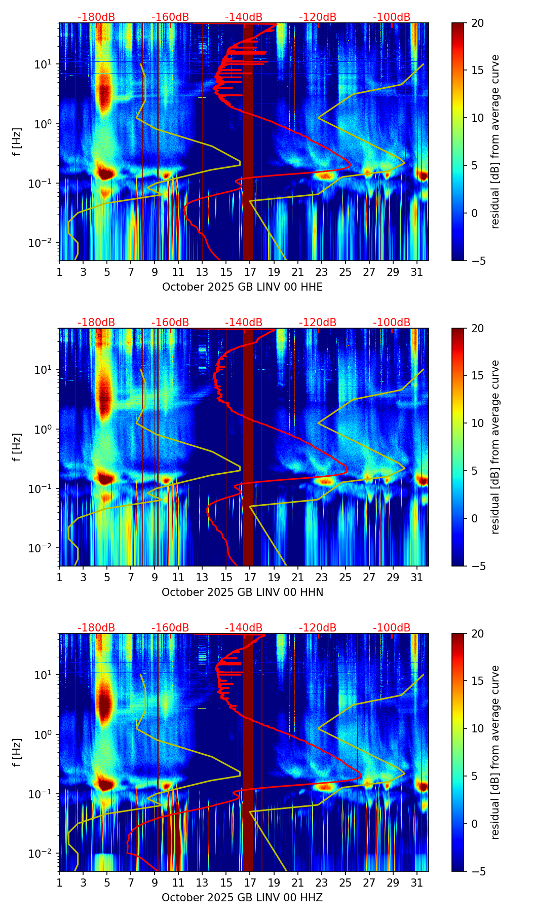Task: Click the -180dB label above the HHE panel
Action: click(x=96, y=17)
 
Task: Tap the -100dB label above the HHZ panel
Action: click(x=392, y=628)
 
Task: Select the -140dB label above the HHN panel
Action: click(x=244, y=323)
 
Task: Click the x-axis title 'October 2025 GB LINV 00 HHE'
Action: click(x=242, y=287)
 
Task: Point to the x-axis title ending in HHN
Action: click(x=242, y=592)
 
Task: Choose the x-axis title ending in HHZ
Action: click(x=242, y=898)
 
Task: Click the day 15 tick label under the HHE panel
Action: click(x=226, y=272)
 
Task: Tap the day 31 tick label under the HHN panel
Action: click(x=416, y=577)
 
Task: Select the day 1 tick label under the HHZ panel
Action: click(x=59, y=883)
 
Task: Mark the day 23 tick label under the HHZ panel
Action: click(x=321, y=883)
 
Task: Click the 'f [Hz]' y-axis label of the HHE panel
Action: click(x=17, y=142)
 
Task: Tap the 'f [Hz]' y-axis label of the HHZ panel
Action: click(x=17, y=753)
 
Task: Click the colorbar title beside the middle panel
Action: click(x=496, y=447)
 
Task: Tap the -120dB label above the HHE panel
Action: click(x=318, y=17)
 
